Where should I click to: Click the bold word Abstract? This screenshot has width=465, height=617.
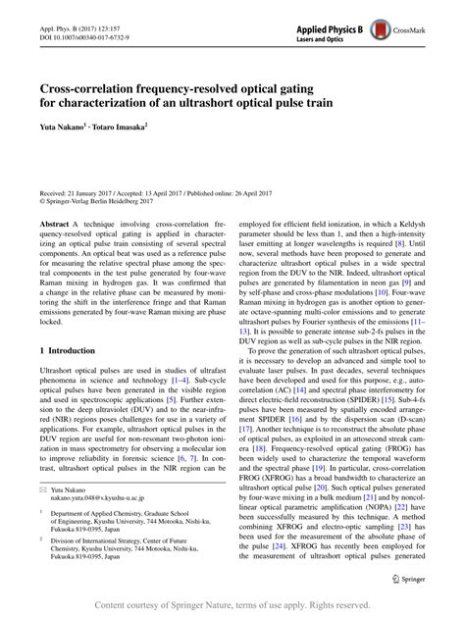click(x=54, y=224)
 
